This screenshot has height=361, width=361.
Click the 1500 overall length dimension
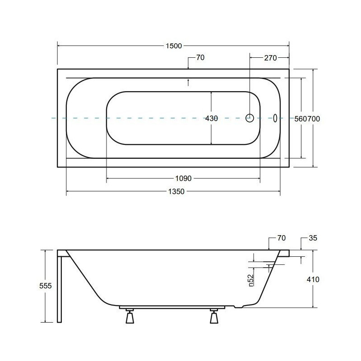[x=174, y=46]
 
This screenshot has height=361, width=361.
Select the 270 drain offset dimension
[x=270, y=58]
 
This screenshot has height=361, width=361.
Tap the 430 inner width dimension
[x=211, y=119]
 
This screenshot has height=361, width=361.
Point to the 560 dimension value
[x=301, y=119]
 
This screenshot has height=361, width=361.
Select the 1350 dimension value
[x=176, y=192]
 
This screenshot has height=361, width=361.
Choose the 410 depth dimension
[x=313, y=279]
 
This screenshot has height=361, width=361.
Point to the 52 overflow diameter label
[x=250, y=280]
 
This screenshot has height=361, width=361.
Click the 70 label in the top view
[x=200, y=58]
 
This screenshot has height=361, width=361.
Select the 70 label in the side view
[x=282, y=238]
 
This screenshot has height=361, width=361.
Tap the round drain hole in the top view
[x=250, y=118]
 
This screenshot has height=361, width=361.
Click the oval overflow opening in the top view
[x=275, y=118]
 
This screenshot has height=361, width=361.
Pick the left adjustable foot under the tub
[x=130, y=317]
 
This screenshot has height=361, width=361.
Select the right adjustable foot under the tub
[x=214, y=317]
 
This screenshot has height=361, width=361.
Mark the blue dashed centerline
[x=135, y=118]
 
